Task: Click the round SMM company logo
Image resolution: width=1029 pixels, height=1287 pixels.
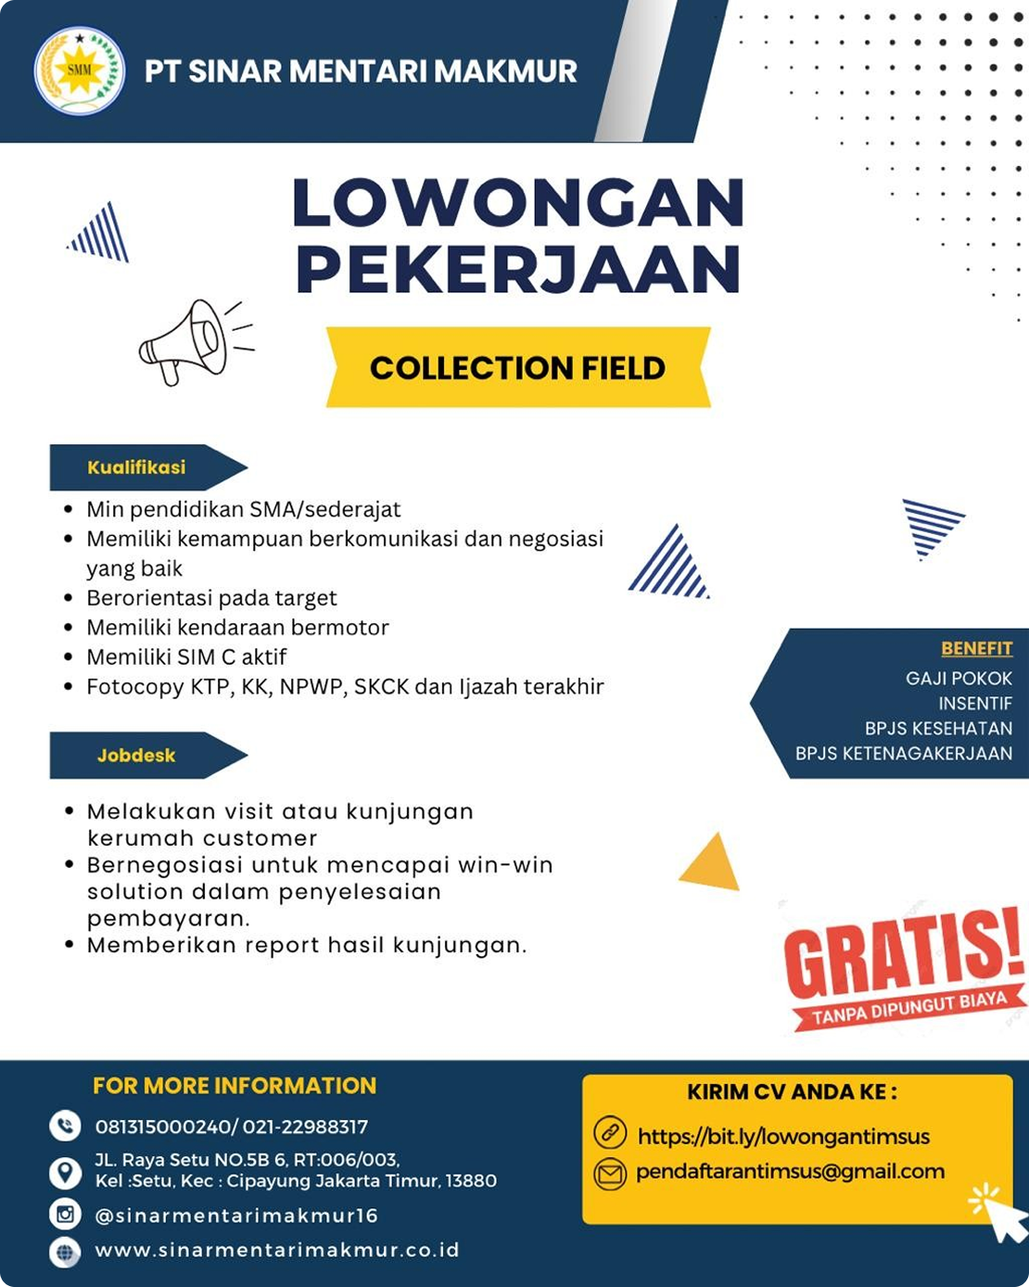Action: click(x=79, y=70)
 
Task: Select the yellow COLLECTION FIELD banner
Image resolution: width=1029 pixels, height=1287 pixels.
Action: click(x=518, y=368)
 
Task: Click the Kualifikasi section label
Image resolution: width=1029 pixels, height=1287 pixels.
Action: click(x=137, y=467)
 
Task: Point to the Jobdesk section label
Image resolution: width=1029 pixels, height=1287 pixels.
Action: click(x=136, y=756)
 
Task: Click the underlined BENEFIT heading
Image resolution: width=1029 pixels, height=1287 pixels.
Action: click(x=976, y=648)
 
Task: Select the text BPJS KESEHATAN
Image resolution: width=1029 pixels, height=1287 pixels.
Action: click(x=938, y=728)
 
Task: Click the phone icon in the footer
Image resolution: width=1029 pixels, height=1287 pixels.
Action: click(x=65, y=1126)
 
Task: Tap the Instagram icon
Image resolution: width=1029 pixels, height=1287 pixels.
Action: click(x=65, y=1214)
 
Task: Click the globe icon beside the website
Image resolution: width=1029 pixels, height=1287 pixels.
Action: click(x=65, y=1251)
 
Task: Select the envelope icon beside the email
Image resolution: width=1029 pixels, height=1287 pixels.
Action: click(x=610, y=1173)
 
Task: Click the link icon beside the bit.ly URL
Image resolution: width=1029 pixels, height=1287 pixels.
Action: click(x=610, y=1133)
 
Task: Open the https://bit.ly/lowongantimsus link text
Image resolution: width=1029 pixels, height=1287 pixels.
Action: click(x=783, y=1136)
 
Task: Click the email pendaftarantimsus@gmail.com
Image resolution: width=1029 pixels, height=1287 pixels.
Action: click(x=790, y=1171)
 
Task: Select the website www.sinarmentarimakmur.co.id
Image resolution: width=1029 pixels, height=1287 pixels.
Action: click(x=277, y=1250)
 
